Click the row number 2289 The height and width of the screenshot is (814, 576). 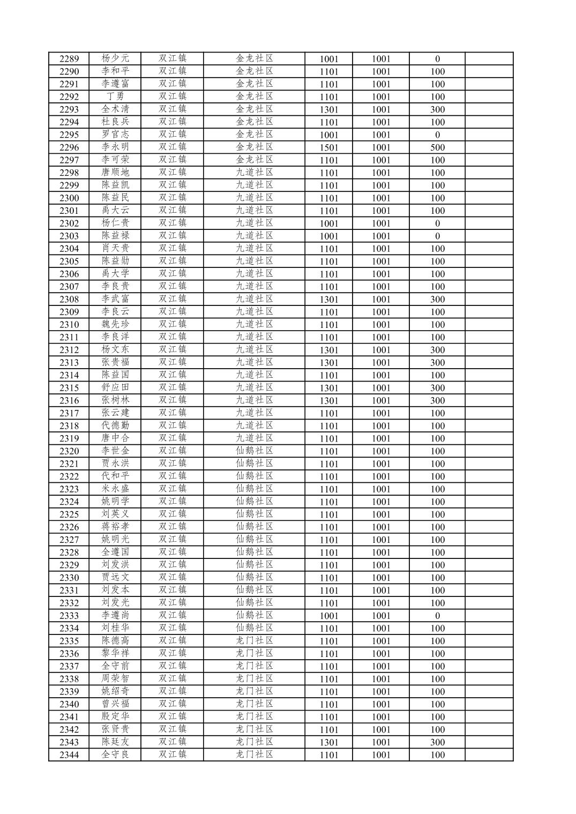tap(69, 59)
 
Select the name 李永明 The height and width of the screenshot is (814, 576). tap(115, 147)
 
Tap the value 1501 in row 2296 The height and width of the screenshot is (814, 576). tap(329, 147)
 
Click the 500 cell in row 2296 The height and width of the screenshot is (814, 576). tap(437, 147)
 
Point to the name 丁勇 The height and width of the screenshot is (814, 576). tap(115, 96)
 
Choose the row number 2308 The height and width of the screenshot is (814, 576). tap(69, 300)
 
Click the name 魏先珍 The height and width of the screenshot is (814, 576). tap(115, 324)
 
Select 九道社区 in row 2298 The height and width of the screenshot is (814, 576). tap(255, 173)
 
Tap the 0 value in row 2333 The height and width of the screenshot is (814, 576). tap(437, 616)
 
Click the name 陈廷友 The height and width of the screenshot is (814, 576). tap(115, 742)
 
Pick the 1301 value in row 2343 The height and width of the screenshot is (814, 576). tap(329, 742)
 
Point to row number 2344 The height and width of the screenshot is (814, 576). tap(69, 755)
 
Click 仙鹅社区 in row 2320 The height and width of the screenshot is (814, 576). tap(255, 451)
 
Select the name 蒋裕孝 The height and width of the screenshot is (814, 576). tap(115, 527)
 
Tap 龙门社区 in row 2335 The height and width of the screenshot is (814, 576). tap(255, 641)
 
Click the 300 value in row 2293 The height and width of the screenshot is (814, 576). tap(437, 109)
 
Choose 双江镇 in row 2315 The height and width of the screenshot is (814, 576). tap(172, 387)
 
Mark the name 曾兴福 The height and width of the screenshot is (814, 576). tap(115, 704)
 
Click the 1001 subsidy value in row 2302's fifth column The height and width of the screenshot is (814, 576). tap(329, 223)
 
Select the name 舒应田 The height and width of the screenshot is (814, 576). tap(115, 387)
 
